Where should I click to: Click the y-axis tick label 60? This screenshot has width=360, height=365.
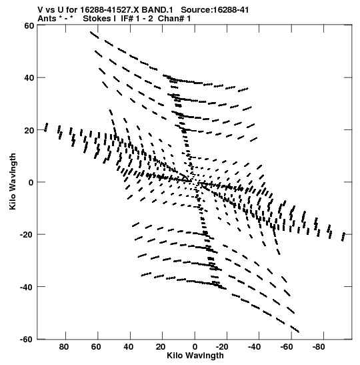tap(29, 26)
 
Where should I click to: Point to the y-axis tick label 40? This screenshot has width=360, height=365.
tap(29, 78)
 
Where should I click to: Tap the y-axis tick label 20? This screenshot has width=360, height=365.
tap(29, 130)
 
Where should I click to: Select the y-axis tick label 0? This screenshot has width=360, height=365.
tap(31, 183)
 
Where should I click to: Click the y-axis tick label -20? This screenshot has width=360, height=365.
tap(27, 235)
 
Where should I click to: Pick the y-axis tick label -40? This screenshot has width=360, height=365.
tap(27, 287)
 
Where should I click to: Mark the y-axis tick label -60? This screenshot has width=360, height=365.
tap(27, 340)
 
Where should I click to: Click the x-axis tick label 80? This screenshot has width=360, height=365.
tap(64, 347)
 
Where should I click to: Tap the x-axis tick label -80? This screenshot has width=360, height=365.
tap(319, 347)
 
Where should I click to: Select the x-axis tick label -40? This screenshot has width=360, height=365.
tap(254, 347)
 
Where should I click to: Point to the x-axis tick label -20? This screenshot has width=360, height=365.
tap(222, 347)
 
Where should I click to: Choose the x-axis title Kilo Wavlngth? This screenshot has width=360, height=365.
tap(195, 356)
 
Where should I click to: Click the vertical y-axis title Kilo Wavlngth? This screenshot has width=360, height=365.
tap(13, 181)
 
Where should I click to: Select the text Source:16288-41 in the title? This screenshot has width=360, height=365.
tap(215, 10)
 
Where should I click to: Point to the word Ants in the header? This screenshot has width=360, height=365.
tap(47, 19)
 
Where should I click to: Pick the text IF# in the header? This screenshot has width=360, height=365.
tap(127, 19)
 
